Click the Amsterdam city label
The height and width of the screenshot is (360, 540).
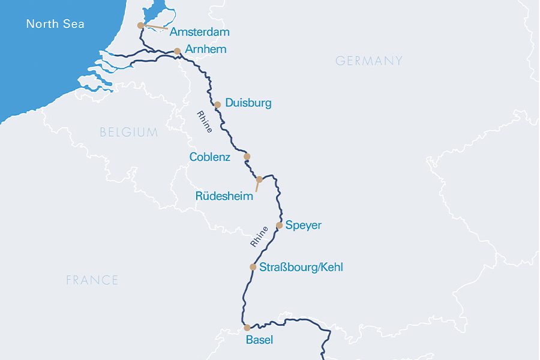pos(200,32)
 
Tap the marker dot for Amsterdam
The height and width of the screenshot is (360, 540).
pos(140,25)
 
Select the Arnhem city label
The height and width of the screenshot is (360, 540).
pos(206,49)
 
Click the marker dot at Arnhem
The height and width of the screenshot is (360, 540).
pos(177,51)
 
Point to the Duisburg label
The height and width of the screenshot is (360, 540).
pos(248,103)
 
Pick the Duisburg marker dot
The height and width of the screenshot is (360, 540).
pos(218,104)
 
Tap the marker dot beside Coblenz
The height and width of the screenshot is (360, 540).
pos(247,157)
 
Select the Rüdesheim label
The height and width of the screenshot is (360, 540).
pos(224,196)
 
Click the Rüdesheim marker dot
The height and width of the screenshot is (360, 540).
pos(259,179)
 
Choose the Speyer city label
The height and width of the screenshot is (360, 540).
pos(304,226)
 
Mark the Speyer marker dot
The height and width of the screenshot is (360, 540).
pos(279,226)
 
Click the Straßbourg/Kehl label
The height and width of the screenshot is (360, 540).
pos(301,267)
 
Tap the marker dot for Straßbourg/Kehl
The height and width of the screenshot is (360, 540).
pos(253,267)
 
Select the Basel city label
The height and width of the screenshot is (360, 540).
pos(259,340)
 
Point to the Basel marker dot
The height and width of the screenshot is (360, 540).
pos(247,328)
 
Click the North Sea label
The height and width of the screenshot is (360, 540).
pos(55,25)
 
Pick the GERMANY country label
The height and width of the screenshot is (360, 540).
pos(368,61)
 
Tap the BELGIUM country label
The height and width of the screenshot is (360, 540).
pos(129,132)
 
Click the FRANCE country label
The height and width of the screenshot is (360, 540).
pos(92,280)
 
